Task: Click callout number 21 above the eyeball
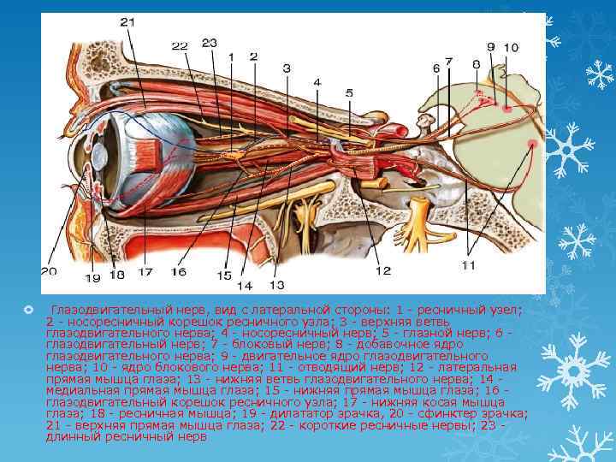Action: tap(127, 21)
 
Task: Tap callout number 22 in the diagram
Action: tap(179, 46)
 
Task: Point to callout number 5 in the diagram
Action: tap(349, 92)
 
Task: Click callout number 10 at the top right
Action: tap(511, 47)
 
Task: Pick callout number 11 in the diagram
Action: tap(468, 266)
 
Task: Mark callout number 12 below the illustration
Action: tap(382, 270)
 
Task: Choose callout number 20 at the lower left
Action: tap(48, 271)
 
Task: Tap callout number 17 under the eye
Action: tap(145, 272)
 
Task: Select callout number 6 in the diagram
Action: tap(435, 67)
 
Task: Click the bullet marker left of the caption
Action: tap(28, 308)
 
